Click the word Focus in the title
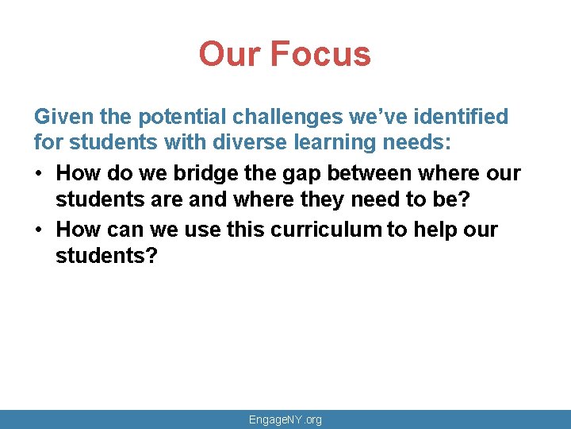click(320, 54)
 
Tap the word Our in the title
click(231, 54)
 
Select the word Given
click(60, 118)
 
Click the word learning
click(287, 145)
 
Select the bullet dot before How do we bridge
click(40, 174)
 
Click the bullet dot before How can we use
click(40, 230)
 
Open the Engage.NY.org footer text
click(285, 419)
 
